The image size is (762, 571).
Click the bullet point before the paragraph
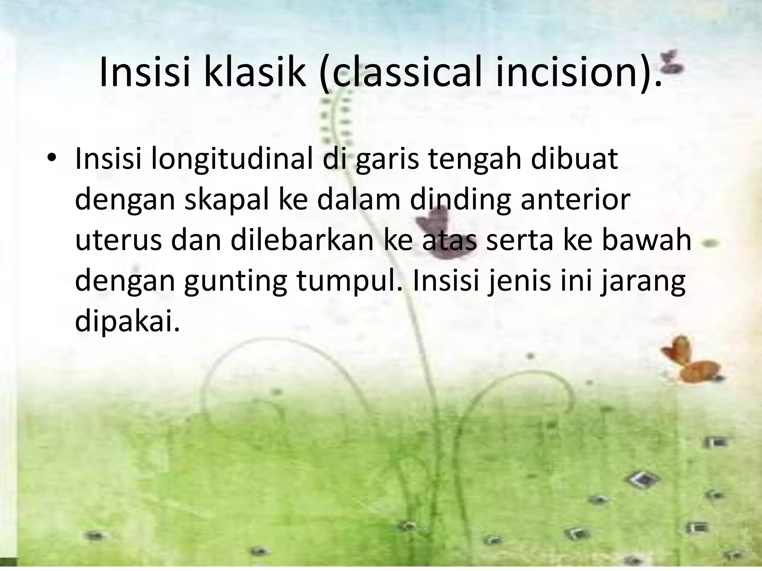pyautogui.click(x=51, y=158)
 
